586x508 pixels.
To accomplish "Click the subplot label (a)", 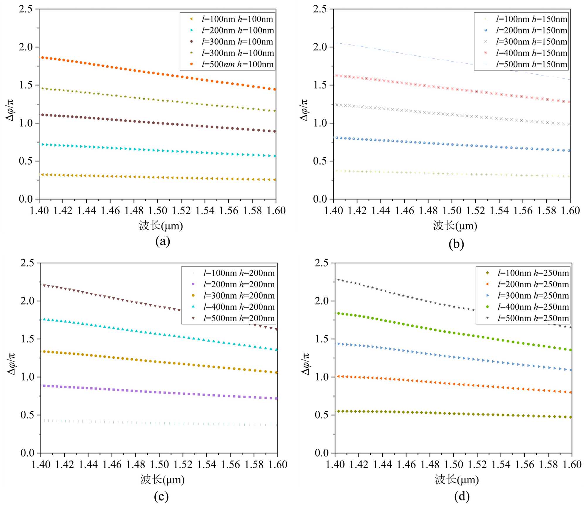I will [163, 242].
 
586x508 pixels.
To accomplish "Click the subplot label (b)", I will [456, 244].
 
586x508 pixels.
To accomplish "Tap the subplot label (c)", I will [161, 497].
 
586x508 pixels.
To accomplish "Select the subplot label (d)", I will [462, 497].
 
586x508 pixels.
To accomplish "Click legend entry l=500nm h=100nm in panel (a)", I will [237, 64].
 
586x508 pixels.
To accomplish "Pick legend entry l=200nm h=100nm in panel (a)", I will [237, 30].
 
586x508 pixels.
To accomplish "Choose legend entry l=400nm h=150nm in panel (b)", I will [532, 53].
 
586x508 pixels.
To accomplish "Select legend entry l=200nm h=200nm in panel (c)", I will [239, 284].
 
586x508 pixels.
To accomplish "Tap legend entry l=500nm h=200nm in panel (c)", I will [239, 318].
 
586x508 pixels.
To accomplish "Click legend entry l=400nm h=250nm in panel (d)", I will [533, 307].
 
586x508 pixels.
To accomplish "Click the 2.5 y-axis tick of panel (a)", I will [26, 9].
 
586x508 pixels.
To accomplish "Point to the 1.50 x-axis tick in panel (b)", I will [452, 211].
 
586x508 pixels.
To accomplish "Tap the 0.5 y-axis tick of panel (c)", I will [27, 415].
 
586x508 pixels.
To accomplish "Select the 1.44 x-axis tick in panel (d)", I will [382, 464].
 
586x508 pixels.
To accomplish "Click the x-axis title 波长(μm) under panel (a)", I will [161, 226].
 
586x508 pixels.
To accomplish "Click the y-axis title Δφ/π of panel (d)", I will [305, 364].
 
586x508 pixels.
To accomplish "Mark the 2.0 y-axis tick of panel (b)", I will [320, 47].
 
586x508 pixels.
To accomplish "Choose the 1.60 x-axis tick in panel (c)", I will [278, 464].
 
